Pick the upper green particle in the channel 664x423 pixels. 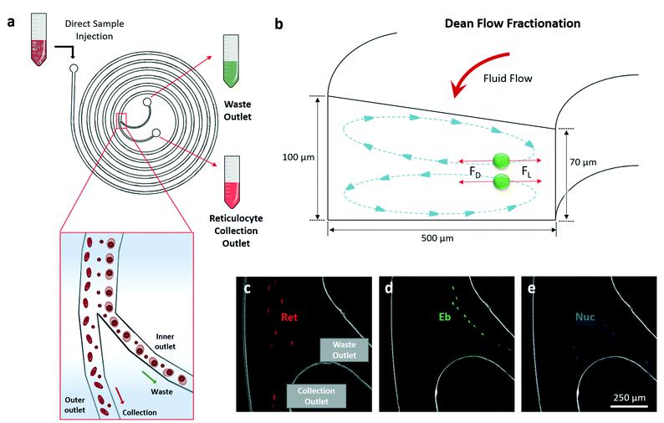(501, 161)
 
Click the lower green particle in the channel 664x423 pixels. (501, 181)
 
